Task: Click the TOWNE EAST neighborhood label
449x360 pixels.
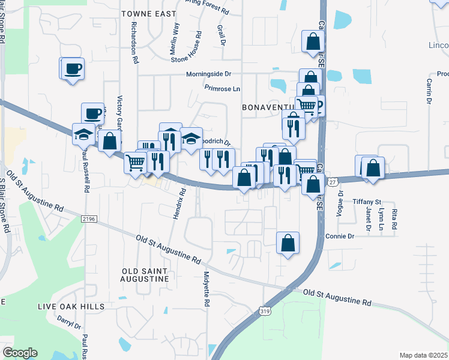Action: pyautogui.click(x=149, y=13)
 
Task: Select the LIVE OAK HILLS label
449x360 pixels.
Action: pyautogui.click(x=71, y=307)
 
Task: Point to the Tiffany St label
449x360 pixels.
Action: pyautogui.click(x=367, y=201)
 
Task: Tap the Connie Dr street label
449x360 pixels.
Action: pyautogui.click(x=340, y=236)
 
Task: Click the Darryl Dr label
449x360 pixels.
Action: pyautogui.click(x=69, y=322)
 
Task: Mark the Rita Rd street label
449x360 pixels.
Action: pyautogui.click(x=394, y=219)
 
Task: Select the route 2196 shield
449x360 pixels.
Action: pyautogui.click(x=89, y=220)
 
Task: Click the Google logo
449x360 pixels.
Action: pyautogui.click(x=20, y=353)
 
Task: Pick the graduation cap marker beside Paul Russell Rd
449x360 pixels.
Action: pyautogui.click(x=82, y=134)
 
